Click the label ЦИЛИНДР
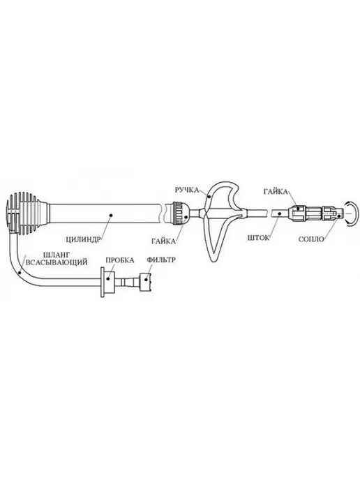tap(83, 239)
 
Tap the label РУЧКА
tap(187, 190)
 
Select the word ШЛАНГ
tap(57, 255)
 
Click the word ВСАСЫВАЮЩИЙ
tap(57, 262)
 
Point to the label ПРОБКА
tap(120, 260)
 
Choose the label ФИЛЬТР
tap(161, 260)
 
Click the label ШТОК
tap(259, 238)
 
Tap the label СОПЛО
tap(311, 239)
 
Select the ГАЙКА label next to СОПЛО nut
tap(276, 192)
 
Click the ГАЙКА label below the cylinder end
tap(163, 241)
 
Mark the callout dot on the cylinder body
tap(111, 215)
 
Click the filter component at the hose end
tap(146, 280)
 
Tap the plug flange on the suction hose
tap(103, 282)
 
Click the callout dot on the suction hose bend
tap(20, 271)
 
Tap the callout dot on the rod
tap(279, 214)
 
